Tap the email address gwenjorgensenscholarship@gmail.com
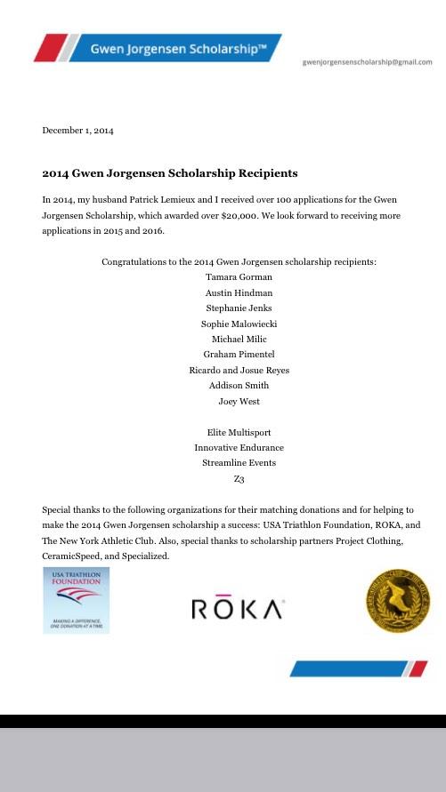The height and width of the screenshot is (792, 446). coord(367,62)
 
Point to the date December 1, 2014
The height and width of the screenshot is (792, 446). coord(78,131)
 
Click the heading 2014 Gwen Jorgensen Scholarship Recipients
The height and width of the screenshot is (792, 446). coord(170,173)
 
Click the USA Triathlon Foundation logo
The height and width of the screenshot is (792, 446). coord(76,601)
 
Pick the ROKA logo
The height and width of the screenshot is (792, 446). coord(238,609)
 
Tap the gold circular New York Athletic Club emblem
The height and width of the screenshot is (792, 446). coord(398,601)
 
